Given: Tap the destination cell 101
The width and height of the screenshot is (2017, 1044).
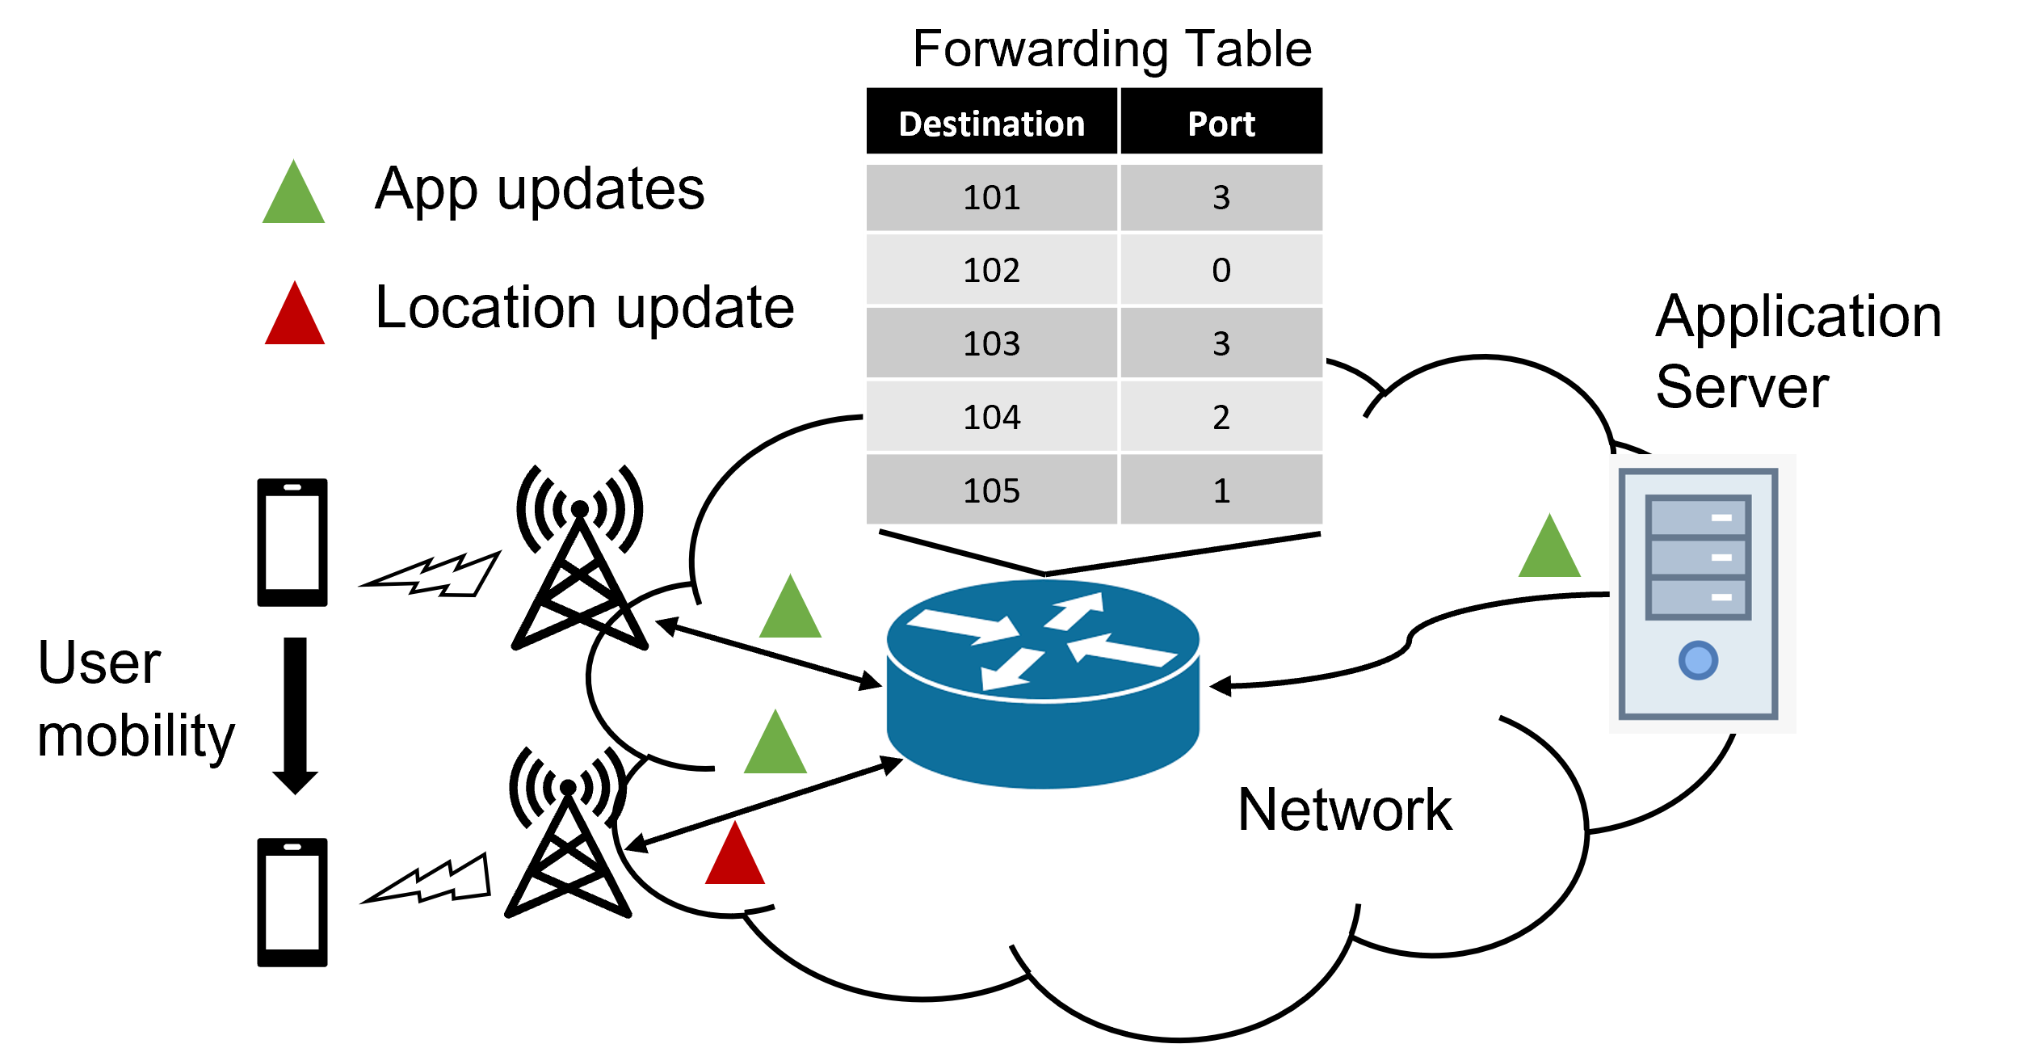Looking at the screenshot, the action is click(x=991, y=198).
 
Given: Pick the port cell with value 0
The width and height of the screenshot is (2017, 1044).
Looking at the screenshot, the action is click(x=1221, y=270).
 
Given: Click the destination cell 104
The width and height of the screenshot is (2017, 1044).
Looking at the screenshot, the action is click(x=991, y=417).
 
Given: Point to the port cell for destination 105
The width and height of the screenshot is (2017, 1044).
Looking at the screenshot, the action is click(x=1221, y=490).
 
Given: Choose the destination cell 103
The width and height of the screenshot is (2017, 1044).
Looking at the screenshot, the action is click(x=991, y=343).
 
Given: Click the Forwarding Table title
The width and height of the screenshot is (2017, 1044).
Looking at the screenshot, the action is click(x=1111, y=50).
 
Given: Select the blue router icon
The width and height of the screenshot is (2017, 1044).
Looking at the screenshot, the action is click(x=1043, y=684).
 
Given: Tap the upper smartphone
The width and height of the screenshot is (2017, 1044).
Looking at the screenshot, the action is click(x=292, y=542).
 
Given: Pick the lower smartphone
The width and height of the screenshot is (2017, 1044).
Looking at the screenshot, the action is click(x=292, y=903).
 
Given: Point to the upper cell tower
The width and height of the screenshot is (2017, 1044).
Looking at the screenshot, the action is click(x=580, y=558).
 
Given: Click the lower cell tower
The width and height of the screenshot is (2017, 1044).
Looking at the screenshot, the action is click(x=569, y=832).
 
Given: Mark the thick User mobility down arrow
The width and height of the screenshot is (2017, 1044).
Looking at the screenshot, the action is click(x=295, y=716).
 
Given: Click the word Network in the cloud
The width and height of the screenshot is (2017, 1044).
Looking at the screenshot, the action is click(x=1345, y=810).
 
